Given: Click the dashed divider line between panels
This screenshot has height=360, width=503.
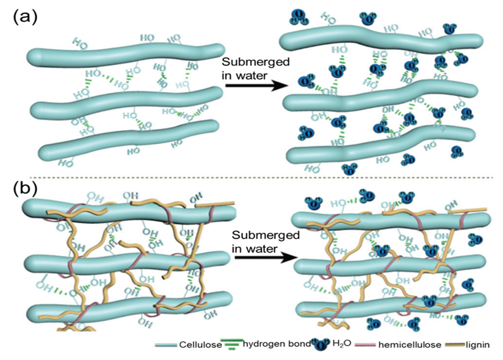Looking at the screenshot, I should tap(253, 176).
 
